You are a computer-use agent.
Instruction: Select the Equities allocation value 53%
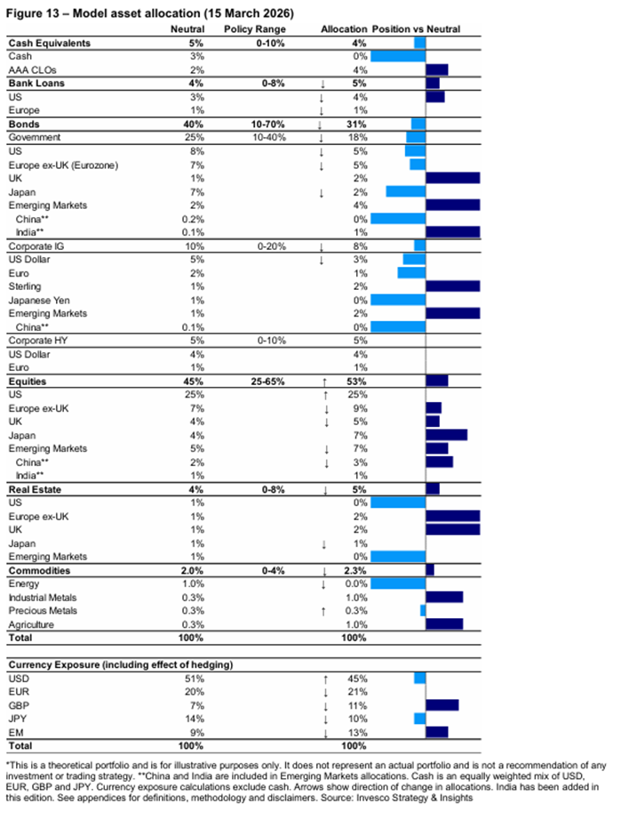355,382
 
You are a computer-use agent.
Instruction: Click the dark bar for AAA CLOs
437,69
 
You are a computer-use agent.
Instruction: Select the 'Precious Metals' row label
43,611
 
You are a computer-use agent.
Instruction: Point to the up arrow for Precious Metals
326,611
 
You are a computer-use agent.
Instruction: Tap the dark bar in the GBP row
442,705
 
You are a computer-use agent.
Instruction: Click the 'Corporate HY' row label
38,341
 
